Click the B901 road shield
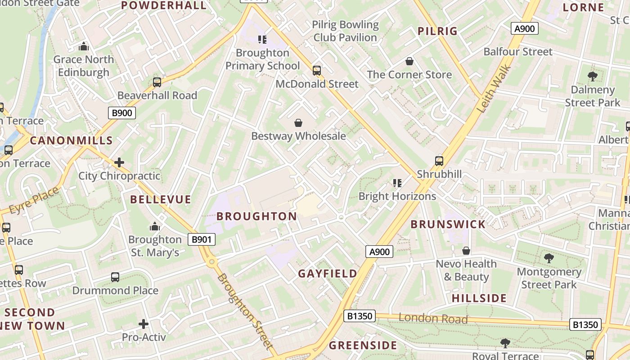point(201,239)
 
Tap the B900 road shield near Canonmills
point(122,112)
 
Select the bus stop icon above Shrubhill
point(439,161)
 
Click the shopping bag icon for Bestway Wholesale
point(298,123)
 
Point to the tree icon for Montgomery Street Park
point(549,258)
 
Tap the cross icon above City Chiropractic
point(119,162)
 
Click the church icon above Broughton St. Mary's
point(155,226)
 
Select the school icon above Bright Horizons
point(397,183)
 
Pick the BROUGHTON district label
point(256,216)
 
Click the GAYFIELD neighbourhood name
point(328,274)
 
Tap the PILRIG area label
point(437,31)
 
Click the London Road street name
point(433,319)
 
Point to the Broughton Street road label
point(246,311)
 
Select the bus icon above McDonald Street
point(317,71)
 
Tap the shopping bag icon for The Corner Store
point(409,61)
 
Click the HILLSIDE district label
point(479,298)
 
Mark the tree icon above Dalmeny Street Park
point(593,76)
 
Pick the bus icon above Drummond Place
point(115,277)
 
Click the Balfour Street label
point(517,52)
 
